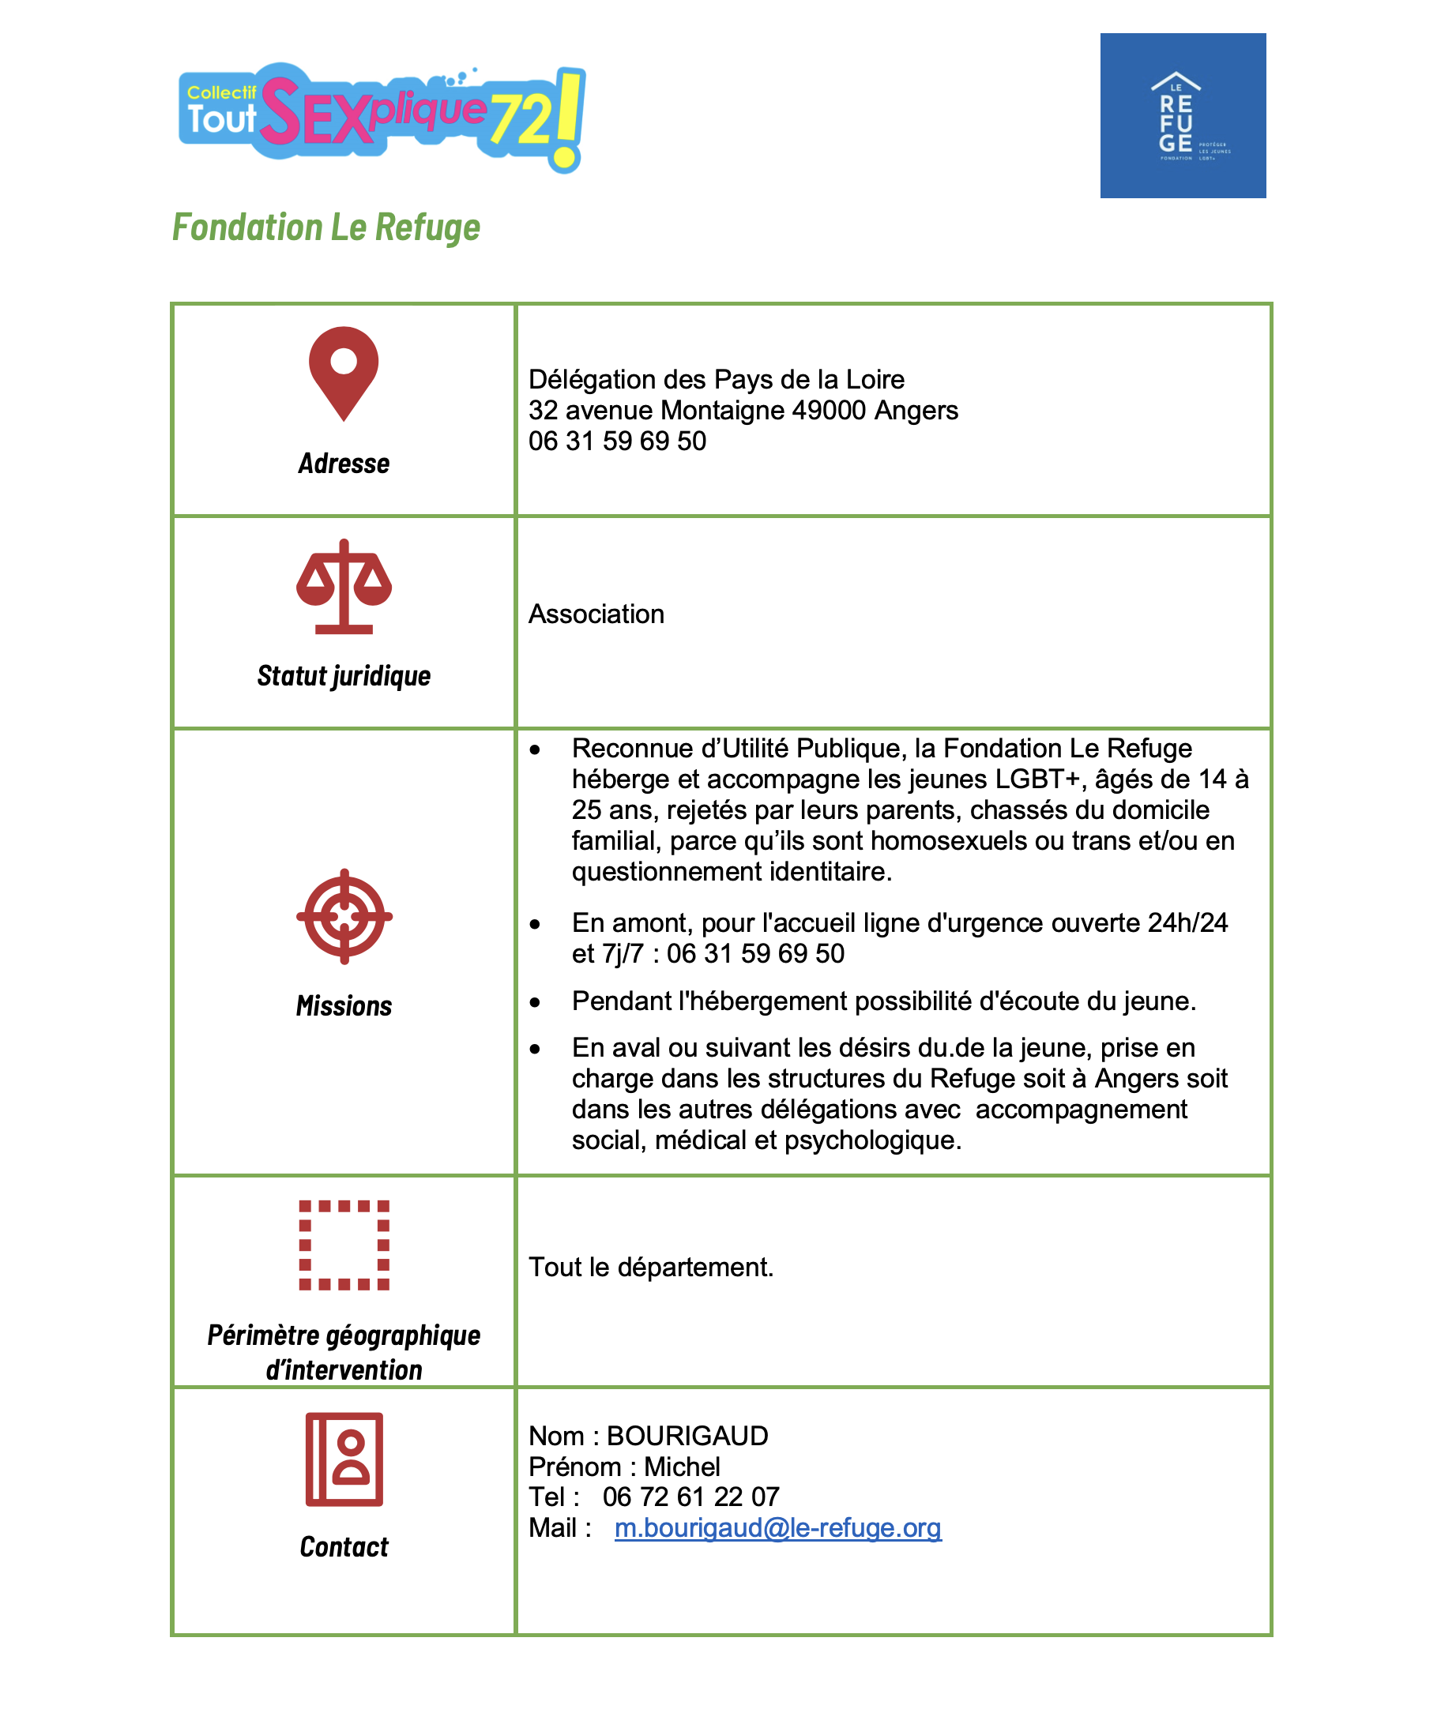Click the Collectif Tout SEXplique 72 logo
click(x=382, y=117)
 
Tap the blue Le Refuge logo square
click(x=1182, y=115)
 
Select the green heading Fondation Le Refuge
click(x=326, y=227)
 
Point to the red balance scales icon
click(x=344, y=586)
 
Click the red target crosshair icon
click(x=344, y=916)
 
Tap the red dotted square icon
click(x=344, y=1245)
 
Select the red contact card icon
click(x=344, y=1459)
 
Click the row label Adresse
click(x=344, y=464)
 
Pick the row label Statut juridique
click(x=344, y=676)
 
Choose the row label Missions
click(x=344, y=1006)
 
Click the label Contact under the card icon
click(x=344, y=1546)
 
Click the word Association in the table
click(x=596, y=614)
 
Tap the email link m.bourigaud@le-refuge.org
click(x=777, y=1527)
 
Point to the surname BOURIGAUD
click(x=687, y=1436)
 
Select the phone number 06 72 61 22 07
click(x=691, y=1497)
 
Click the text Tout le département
click(x=650, y=1267)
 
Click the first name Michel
click(x=682, y=1467)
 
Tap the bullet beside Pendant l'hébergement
click(x=535, y=1003)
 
